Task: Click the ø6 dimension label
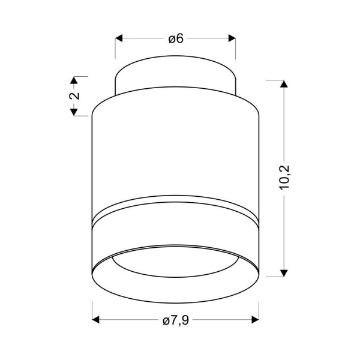click(x=175, y=38)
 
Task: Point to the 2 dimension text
click(x=74, y=96)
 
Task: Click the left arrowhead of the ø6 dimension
click(x=119, y=38)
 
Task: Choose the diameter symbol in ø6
click(x=172, y=39)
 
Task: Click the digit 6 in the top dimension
click(x=179, y=38)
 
